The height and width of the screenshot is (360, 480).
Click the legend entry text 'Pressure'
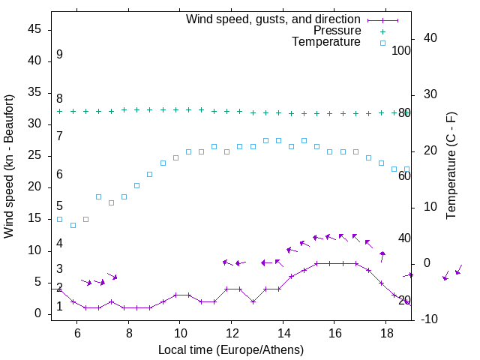(337, 31)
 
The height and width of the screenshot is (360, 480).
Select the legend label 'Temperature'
(326, 42)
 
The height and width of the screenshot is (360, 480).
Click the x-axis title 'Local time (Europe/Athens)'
(231, 349)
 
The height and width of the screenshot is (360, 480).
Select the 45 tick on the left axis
(34, 29)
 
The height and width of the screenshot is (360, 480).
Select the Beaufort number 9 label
(59, 55)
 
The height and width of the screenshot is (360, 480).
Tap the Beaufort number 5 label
(59, 206)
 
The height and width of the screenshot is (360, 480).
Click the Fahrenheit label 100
(401, 50)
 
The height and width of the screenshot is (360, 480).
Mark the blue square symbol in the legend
(382, 43)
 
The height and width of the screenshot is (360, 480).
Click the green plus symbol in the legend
(382, 31)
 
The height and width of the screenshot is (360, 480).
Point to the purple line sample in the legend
(382, 19)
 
